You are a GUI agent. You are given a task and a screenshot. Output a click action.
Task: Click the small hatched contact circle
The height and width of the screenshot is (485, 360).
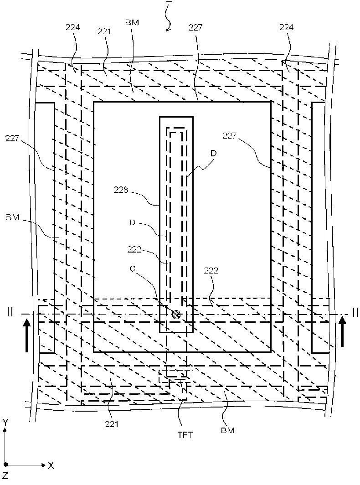(x=176, y=314)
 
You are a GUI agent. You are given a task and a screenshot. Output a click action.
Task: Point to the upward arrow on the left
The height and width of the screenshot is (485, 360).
(x=27, y=335)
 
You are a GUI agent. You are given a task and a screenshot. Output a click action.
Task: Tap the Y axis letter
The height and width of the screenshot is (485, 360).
(x=5, y=423)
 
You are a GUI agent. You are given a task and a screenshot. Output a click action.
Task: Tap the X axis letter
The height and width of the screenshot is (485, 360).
(x=51, y=465)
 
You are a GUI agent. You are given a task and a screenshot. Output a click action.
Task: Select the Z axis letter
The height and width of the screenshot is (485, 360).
(x=5, y=477)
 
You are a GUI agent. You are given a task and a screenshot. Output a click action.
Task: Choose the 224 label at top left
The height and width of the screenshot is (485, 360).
(x=72, y=27)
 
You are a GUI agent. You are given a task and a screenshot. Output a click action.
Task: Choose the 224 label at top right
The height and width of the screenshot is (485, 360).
(x=287, y=27)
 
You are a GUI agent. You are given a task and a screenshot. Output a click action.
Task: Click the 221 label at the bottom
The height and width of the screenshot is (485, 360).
(x=111, y=424)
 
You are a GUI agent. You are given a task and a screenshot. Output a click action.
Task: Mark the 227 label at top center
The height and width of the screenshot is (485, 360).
(x=195, y=27)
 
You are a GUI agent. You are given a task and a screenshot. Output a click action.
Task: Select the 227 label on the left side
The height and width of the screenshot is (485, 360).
(x=12, y=138)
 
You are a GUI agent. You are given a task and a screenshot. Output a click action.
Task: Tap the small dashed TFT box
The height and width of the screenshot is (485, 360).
(x=175, y=376)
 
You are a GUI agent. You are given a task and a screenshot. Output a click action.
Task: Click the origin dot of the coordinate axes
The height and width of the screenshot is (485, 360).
(x=5, y=465)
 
